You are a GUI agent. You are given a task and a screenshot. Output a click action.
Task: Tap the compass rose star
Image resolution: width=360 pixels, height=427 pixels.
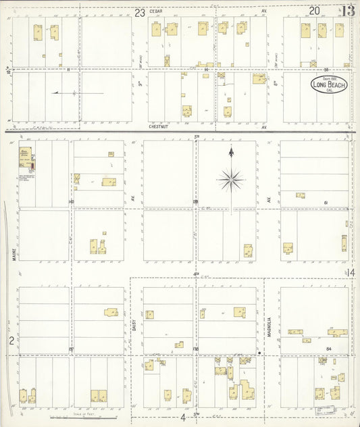pyautogui.click(x=232, y=179)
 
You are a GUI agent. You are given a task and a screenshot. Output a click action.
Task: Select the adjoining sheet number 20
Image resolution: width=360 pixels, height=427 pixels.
pyautogui.click(x=315, y=10)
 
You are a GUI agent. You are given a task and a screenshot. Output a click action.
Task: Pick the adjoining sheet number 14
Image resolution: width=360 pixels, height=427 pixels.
pyautogui.click(x=352, y=272)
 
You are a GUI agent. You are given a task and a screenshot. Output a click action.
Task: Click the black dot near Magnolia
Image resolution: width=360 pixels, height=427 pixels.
pyautogui.click(x=260, y=352)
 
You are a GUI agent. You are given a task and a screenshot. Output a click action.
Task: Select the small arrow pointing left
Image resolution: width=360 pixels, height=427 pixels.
pyautogui.click(x=55, y=93)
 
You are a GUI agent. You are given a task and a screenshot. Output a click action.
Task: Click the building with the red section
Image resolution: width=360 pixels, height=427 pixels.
pyautogui.click(x=28, y=158)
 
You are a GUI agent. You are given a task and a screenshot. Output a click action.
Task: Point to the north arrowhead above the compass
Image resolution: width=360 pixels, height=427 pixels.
pyautogui.click(x=232, y=151)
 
